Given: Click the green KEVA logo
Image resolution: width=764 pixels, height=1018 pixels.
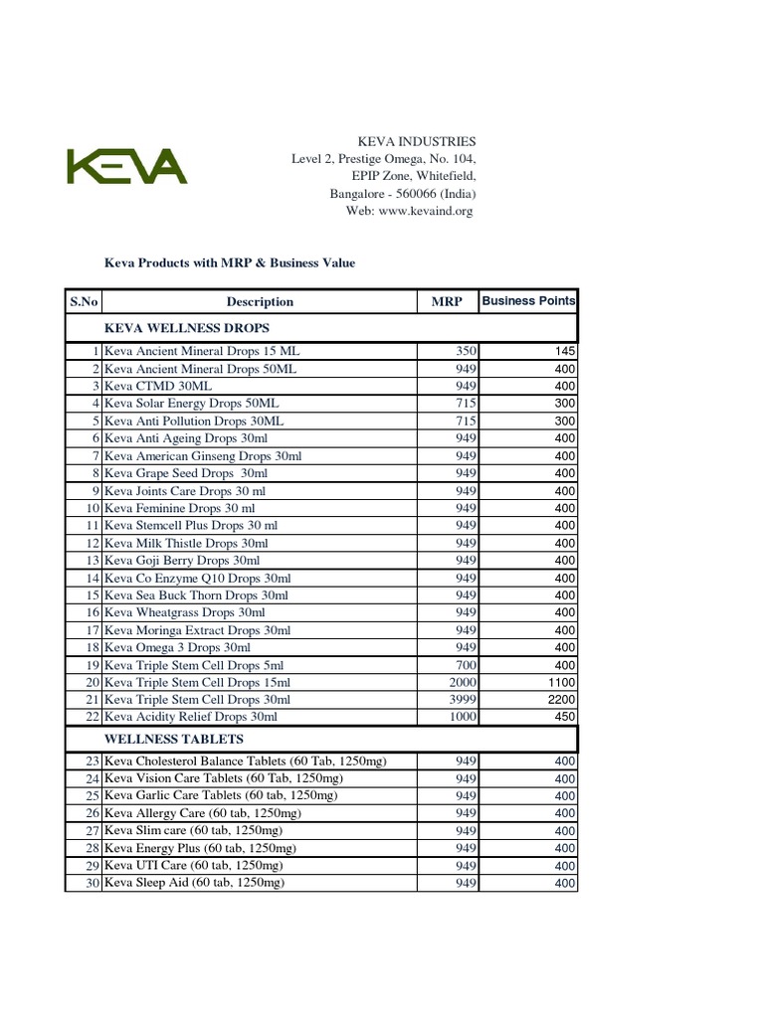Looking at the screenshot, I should pyautogui.click(x=126, y=166).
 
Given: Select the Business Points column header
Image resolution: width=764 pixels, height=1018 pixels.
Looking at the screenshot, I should pyautogui.click(x=528, y=300).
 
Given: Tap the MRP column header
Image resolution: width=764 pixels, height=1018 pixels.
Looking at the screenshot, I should pyautogui.click(x=447, y=301).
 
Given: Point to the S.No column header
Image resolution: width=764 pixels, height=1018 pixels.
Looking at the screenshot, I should pyautogui.click(x=84, y=301).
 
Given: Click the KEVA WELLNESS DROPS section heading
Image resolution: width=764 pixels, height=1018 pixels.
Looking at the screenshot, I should pyautogui.click(x=187, y=327).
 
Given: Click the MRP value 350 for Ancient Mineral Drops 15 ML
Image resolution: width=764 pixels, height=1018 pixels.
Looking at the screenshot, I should pyautogui.click(x=467, y=351).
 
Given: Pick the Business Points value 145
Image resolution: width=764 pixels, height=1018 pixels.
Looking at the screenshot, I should pyautogui.click(x=564, y=351).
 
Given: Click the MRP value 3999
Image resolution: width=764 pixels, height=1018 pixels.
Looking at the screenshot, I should pyautogui.click(x=464, y=699).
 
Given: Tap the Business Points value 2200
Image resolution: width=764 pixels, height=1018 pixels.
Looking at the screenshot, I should pyautogui.click(x=561, y=699).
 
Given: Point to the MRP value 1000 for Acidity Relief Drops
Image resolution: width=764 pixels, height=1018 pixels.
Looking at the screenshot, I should pyautogui.click(x=464, y=716).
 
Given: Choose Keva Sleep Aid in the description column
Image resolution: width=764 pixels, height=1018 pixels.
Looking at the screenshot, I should pyautogui.click(x=194, y=882).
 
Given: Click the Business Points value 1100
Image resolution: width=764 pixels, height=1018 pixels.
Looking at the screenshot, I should pyautogui.click(x=561, y=682).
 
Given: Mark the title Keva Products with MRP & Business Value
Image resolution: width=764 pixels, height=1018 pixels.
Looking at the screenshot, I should pyautogui.click(x=230, y=263).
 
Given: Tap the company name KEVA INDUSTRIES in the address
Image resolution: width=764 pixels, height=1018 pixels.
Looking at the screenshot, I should pyautogui.click(x=417, y=141).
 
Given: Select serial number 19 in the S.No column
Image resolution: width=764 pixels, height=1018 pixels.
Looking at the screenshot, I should pyautogui.click(x=93, y=664).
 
